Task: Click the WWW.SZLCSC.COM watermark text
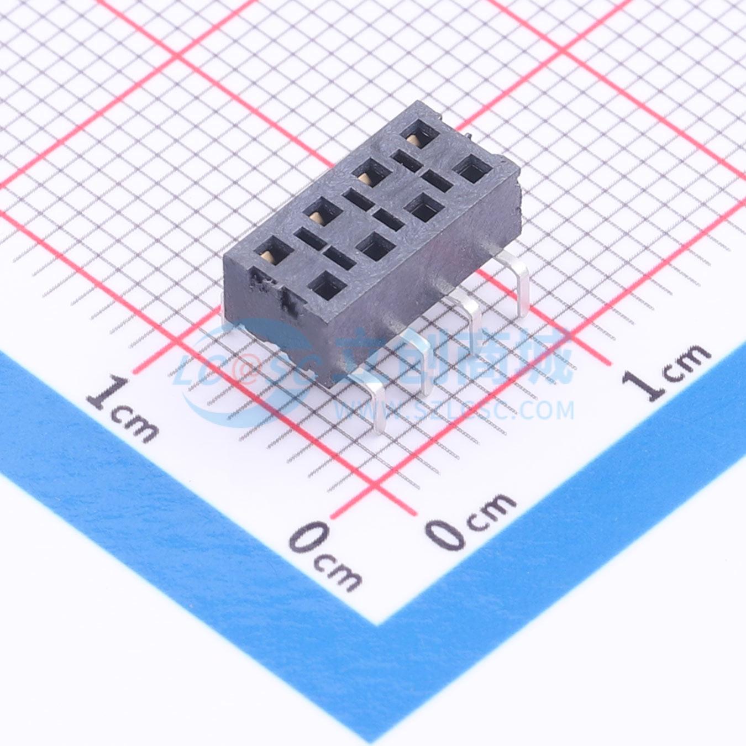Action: (455, 411)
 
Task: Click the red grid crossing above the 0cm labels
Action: (374, 486)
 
